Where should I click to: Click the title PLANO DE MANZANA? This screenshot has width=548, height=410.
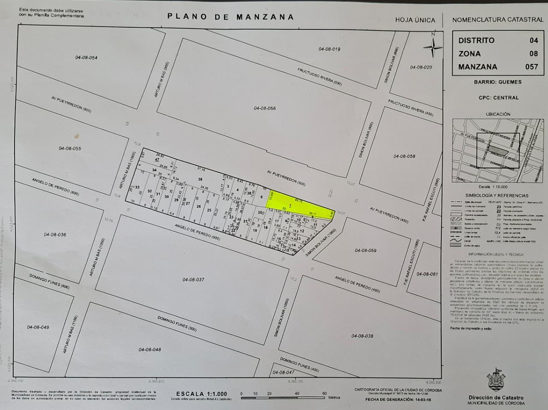tap(230, 17)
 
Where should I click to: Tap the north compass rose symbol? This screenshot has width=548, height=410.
tap(433, 45)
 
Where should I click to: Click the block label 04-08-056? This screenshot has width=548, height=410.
tap(265, 109)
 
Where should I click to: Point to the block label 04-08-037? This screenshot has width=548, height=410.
tap(193, 280)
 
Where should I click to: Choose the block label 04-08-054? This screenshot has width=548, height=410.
tap(86, 58)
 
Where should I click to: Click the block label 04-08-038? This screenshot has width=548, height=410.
tap(362, 336)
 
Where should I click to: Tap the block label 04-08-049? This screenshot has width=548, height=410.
tap(38, 327)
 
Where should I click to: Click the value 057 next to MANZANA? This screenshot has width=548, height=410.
tap(531, 67)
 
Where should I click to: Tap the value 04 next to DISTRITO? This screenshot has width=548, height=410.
tap(533, 41)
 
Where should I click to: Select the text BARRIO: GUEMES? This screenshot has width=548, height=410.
tap(497, 82)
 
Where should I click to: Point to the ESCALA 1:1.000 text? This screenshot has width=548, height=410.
tap(202, 394)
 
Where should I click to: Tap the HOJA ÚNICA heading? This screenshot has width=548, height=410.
tap(415, 20)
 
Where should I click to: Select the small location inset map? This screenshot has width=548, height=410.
tap(497, 150)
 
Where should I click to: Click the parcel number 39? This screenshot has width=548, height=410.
tap(200, 179)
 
